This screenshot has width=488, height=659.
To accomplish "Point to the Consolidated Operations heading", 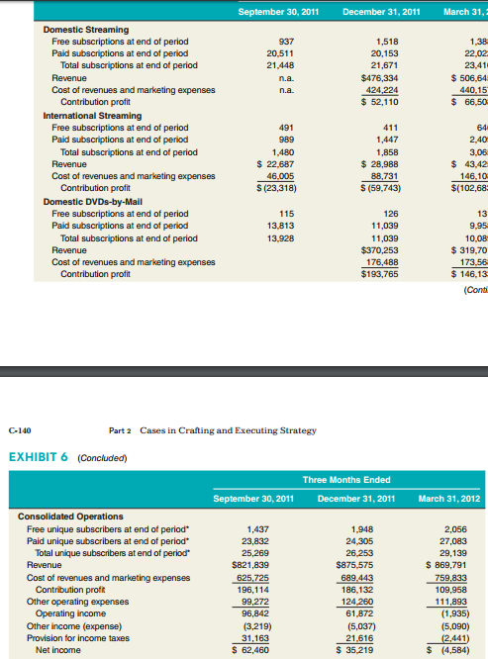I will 71,516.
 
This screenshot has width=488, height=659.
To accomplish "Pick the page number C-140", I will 21,430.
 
